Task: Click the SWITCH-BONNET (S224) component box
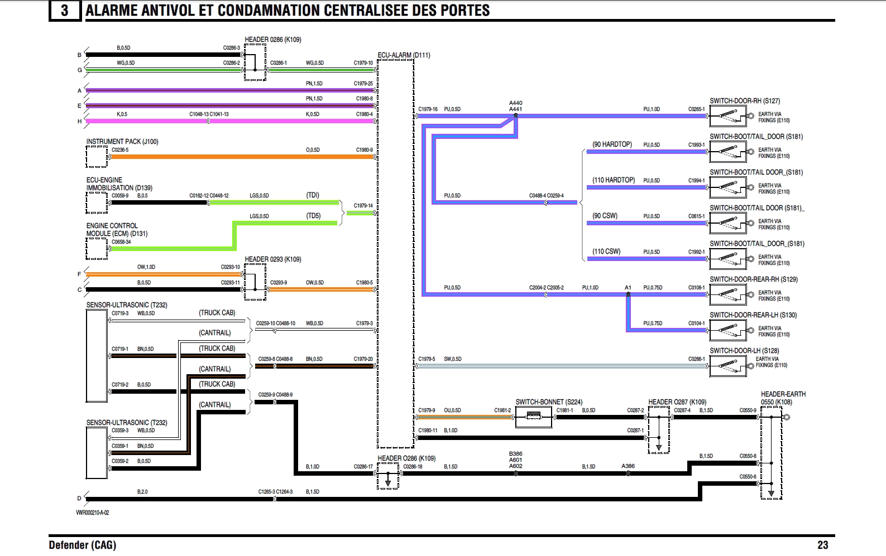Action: pos(533,417)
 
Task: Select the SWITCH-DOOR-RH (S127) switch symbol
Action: pos(728,116)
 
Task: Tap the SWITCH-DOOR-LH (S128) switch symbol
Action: pos(728,366)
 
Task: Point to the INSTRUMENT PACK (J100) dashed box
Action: pos(97,157)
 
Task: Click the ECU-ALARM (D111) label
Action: pos(404,55)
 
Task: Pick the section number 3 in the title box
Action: pos(65,11)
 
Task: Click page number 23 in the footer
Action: pos(822,545)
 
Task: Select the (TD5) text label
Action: pos(313,216)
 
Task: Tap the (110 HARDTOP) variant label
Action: pos(614,180)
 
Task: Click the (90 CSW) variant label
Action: pos(605,216)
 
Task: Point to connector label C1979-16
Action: pos(428,109)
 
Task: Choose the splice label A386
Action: pos(628,466)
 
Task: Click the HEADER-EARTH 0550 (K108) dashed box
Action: pos(771,453)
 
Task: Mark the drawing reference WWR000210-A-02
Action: pos(93,513)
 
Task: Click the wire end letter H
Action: pos(79,121)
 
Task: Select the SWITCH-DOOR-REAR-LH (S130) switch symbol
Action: pos(728,330)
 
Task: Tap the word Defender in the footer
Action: pos(69,545)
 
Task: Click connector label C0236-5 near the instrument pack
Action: pos(120,150)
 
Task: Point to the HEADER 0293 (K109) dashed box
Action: pos(255,282)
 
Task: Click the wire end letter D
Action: pos(79,499)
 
